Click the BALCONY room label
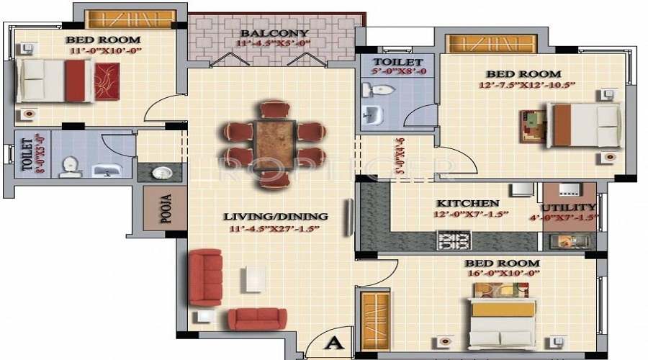click(x=274, y=33)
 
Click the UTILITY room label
click(x=569, y=207)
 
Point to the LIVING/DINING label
click(x=275, y=216)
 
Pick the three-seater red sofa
click(x=205, y=277)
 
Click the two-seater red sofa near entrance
click(x=257, y=319)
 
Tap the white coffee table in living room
click(x=253, y=279)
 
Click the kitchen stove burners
click(x=454, y=240)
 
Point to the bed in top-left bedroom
click(x=54, y=81)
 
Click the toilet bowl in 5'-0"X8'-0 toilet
click(x=379, y=91)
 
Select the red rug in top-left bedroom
click(x=107, y=81)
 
